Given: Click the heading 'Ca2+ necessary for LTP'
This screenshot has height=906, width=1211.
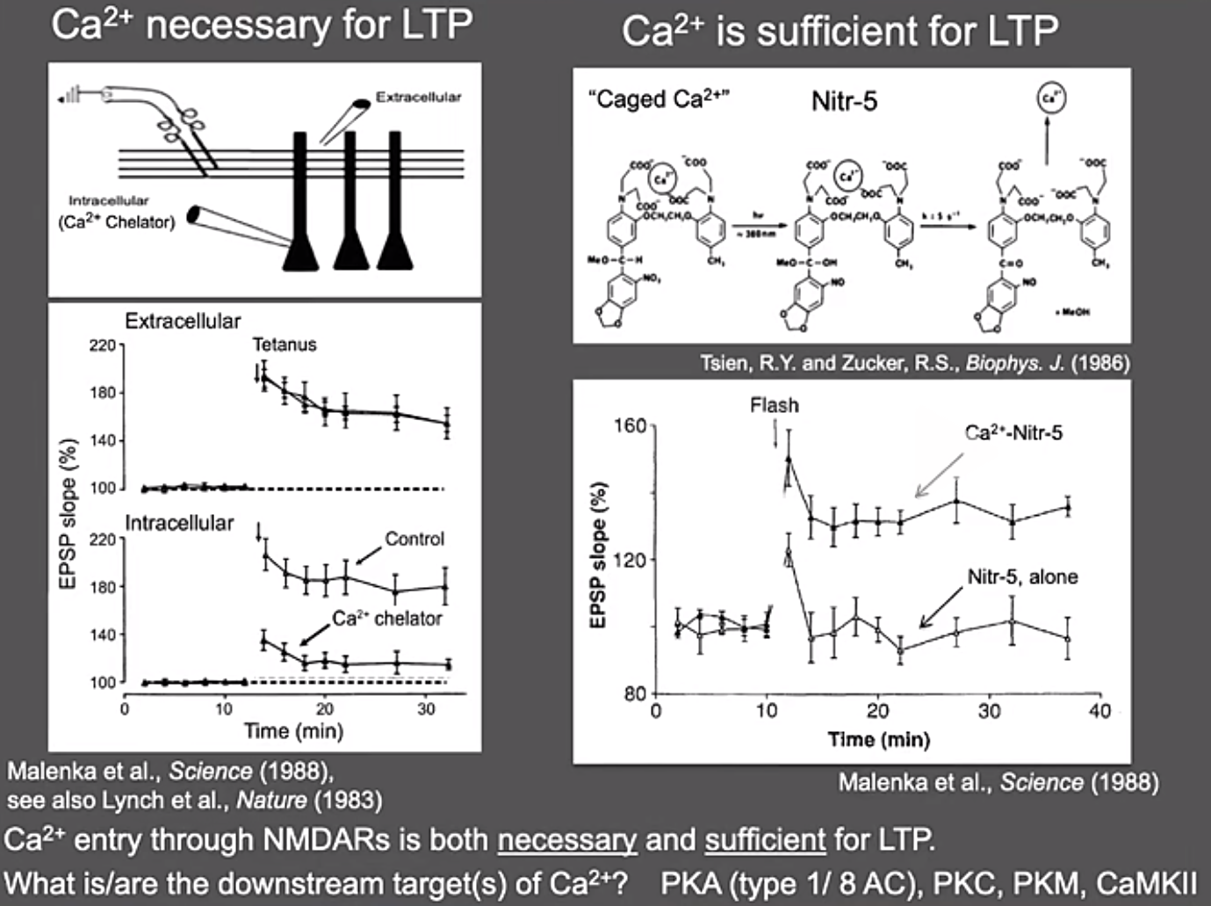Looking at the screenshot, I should (x=261, y=25).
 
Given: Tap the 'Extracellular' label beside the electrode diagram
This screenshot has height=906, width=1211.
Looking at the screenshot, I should (x=418, y=98).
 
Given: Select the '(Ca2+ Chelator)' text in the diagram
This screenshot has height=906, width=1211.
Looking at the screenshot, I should (x=116, y=222).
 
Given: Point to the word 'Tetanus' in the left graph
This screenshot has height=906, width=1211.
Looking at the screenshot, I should (x=285, y=344).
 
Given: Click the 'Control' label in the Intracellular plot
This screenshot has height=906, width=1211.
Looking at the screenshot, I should (x=414, y=539).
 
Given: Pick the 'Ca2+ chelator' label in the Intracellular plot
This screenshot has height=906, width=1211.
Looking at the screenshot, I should (x=386, y=619).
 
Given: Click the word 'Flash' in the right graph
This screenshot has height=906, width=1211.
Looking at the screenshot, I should (x=775, y=405).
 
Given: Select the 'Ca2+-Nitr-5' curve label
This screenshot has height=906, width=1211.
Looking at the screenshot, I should (x=1013, y=432).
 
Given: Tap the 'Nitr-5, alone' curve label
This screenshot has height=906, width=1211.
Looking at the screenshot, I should (x=1022, y=576).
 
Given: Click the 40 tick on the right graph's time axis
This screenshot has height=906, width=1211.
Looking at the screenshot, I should (x=1099, y=711).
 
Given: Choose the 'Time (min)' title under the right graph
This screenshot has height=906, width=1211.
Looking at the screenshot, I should (x=878, y=739).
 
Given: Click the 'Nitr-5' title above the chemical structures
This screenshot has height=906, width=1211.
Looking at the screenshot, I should (x=844, y=102).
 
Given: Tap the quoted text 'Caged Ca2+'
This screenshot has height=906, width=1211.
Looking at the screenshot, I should (x=658, y=99).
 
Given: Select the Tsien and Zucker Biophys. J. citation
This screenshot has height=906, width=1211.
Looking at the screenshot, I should (x=914, y=362).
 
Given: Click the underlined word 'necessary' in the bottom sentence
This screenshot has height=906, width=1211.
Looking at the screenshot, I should (x=566, y=839).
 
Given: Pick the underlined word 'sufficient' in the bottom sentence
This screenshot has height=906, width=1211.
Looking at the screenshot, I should (x=765, y=839).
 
